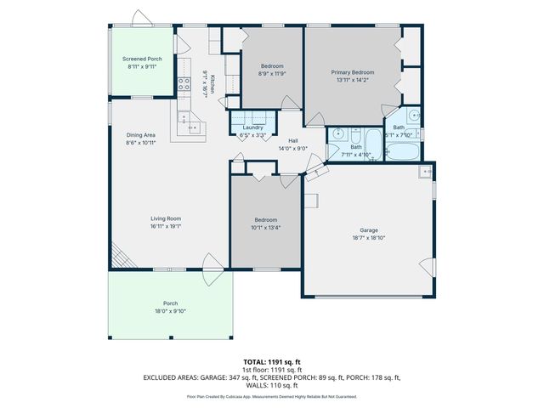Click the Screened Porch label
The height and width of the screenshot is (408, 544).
point(142,59)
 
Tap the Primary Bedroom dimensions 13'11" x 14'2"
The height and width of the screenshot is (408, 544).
point(352,82)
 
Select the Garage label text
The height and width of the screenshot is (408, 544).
point(368,230)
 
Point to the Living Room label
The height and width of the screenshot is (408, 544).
point(166,218)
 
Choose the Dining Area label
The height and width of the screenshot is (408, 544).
point(140,135)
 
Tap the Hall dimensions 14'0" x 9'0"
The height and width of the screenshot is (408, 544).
point(292,149)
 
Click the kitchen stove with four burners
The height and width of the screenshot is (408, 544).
point(183,83)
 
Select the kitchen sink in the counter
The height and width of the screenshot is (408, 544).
point(192,128)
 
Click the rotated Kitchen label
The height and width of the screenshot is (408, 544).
point(213,83)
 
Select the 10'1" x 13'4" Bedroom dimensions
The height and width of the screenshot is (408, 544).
point(266,227)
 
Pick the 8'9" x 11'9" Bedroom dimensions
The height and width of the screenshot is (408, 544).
point(272,74)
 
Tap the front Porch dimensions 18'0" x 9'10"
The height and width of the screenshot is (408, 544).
point(170,311)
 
